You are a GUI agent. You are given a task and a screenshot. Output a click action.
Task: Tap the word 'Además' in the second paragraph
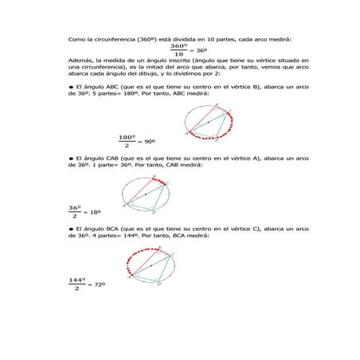79,61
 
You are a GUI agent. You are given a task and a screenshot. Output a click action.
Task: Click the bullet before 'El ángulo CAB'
71,158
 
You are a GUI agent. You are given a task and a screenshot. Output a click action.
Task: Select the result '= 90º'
146,141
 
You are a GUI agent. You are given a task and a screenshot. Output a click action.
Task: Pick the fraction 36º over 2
76,211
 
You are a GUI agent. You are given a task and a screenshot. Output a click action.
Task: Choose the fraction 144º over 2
77,284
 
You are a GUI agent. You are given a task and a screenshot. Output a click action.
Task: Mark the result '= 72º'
96,284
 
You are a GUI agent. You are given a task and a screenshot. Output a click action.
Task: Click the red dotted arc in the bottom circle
143,254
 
